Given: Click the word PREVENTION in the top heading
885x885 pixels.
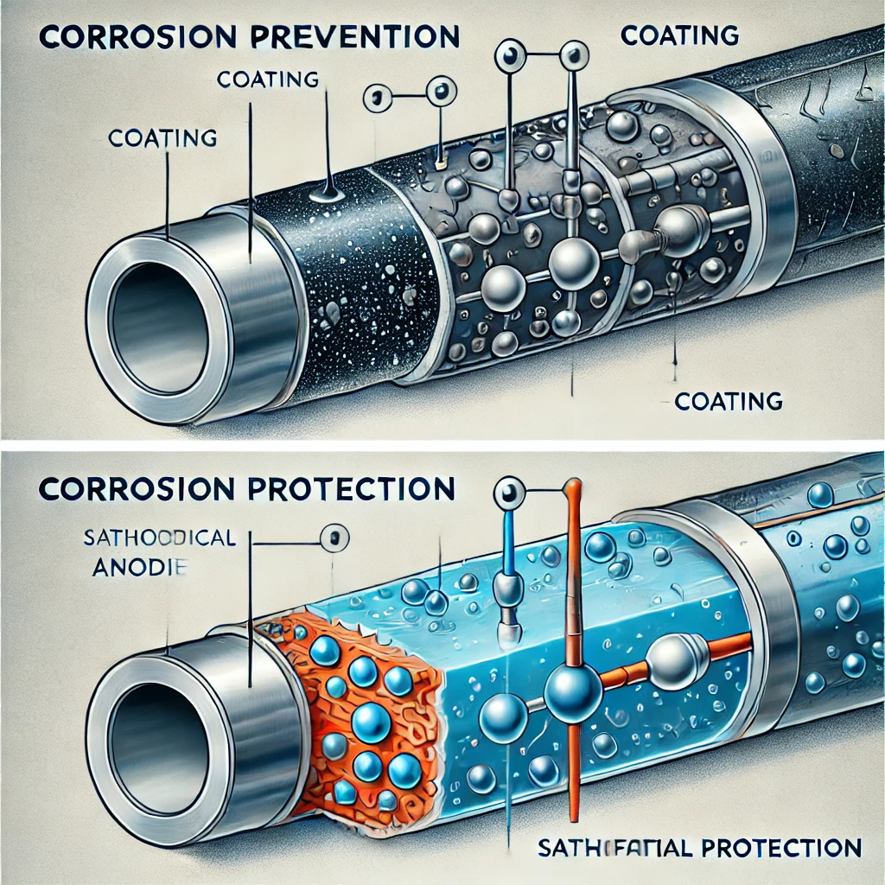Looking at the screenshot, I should click(x=369, y=37).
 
